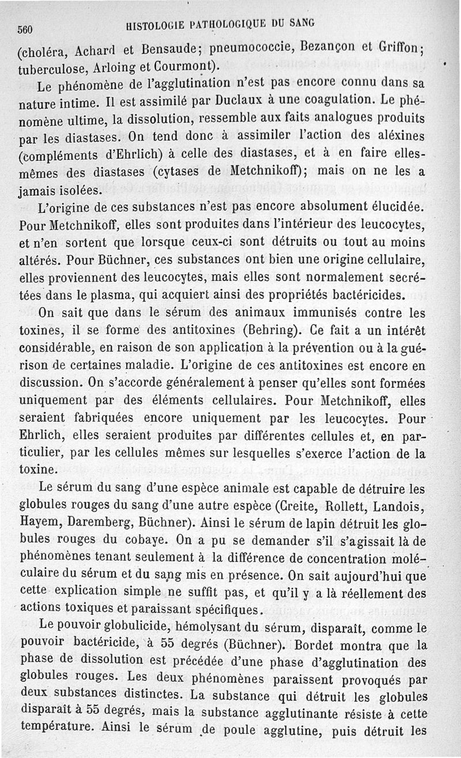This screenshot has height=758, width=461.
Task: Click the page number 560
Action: point(27,29)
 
